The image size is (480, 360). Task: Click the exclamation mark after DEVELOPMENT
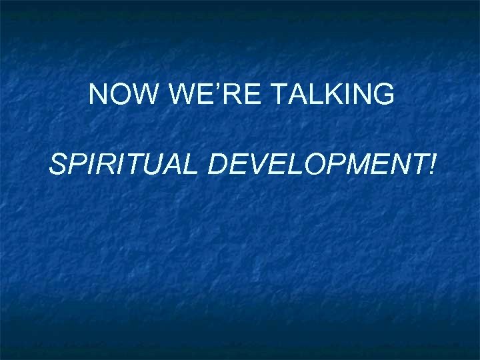coord(434,163)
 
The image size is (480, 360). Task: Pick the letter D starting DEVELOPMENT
coord(218,163)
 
